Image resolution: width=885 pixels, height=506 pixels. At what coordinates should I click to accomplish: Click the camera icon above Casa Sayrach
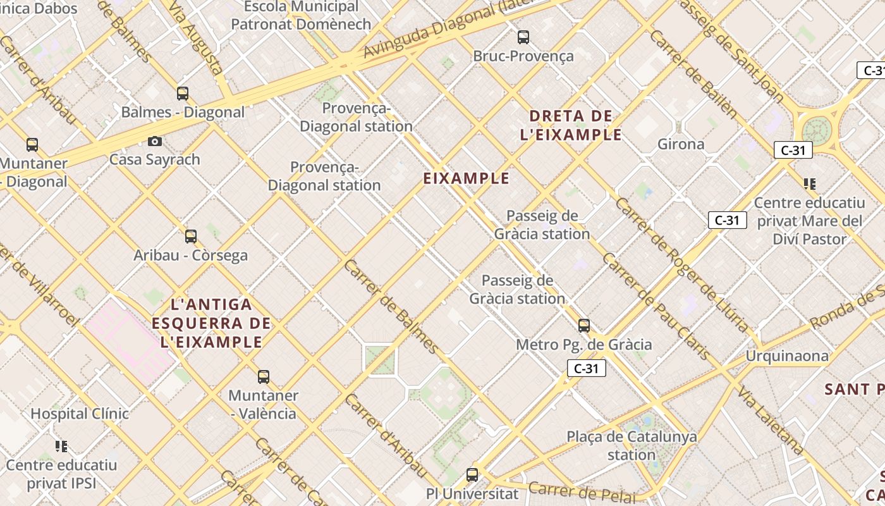[x=155, y=141]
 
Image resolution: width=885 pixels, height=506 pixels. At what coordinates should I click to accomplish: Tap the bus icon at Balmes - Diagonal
[x=183, y=94]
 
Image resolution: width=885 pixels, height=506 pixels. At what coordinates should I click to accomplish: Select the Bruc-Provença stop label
[x=523, y=56]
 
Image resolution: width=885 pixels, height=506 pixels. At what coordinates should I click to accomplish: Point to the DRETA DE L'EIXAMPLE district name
[x=571, y=125]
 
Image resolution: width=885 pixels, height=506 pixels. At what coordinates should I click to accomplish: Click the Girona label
[x=681, y=144]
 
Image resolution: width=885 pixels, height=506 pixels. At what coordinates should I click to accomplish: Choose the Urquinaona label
[x=787, y=356]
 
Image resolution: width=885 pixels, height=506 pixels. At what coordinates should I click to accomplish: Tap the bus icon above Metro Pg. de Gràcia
[x=584, y=326]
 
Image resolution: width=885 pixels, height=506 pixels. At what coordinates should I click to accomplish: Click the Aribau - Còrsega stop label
[x=190, y=256]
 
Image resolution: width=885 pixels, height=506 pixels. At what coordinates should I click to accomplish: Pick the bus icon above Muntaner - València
[x=264, y=377]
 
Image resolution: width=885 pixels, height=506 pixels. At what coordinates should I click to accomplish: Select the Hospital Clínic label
[x=80, y=414]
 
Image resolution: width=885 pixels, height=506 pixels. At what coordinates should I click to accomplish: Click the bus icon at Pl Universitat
[x=472, y=474]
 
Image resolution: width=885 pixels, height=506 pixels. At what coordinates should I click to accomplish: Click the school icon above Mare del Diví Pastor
[x=810, y=184]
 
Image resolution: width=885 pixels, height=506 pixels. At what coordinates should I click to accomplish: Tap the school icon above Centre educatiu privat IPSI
[x=61, y=447]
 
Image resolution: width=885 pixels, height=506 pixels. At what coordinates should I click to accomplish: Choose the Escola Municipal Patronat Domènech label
[x=301, y=16]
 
